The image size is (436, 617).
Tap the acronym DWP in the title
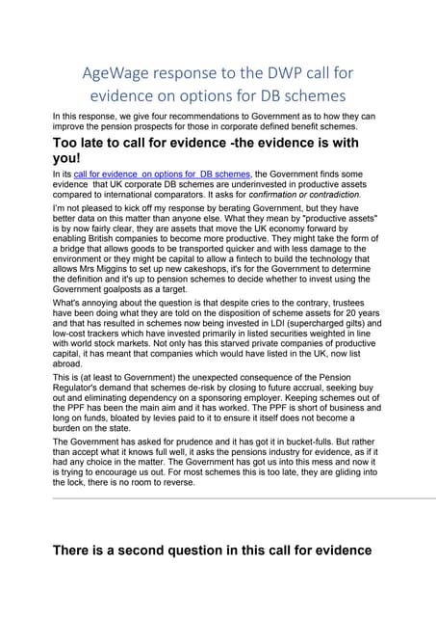(278, 72)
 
